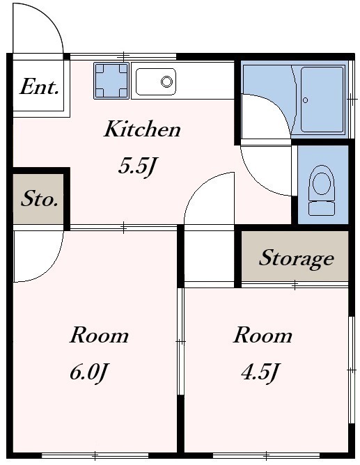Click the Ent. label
click(x=39, y=86)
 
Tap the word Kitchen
click(x=142, y=129)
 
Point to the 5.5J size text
click(x=136, y=166)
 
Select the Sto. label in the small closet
click(x=39, y=198)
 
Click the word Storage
click(x=296, y=259)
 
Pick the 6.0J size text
click(x=88, y=373)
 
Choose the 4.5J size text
click(x=260, y=373)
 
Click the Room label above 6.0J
click(x=99, y=335)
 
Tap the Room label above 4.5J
click(x=263, y=335)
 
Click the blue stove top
click(x=111, y=81)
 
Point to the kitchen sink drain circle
click(x=166, y=81)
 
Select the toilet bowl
click(x=322, y=182)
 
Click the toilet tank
click(x=322, y=208)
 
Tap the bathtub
click(x=322, y=100)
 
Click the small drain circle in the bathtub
click(x=305, y=100)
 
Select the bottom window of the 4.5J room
click(x=266, y=455)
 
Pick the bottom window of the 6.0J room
click(x=95, y=455)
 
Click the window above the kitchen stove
click(x=123, y=56)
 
